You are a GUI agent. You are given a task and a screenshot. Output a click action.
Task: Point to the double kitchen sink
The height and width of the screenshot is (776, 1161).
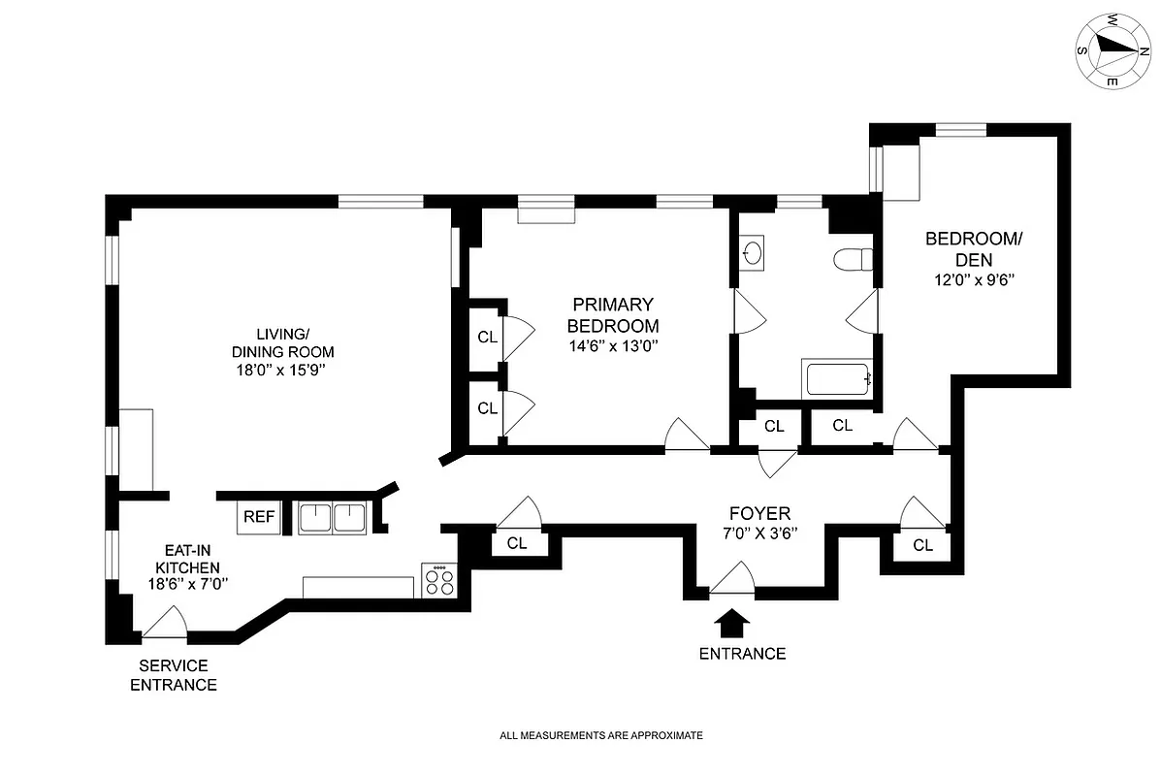point(333,518)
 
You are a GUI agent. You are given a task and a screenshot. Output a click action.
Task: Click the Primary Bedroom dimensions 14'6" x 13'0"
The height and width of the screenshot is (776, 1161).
point(613,345)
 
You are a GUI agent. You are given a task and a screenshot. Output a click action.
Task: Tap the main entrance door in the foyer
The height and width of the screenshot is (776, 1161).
point(731,581)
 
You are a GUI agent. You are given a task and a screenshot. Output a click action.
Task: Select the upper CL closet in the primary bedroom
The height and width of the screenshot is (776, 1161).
point(487,338)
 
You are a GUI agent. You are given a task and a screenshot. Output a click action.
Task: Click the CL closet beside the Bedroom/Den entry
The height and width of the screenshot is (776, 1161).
point(842,425)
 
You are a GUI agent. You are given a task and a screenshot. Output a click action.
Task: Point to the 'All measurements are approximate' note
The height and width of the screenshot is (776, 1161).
point(600,735)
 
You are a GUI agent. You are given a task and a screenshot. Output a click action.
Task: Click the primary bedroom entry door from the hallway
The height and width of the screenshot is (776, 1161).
point(687,436)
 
